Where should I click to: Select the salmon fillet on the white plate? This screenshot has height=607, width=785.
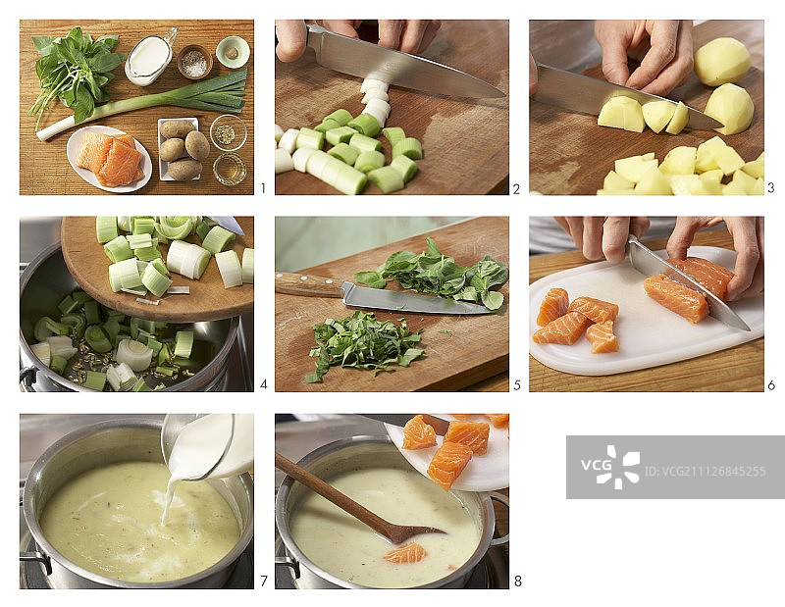[x=110, y=159]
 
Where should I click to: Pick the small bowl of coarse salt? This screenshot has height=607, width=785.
[x=194, y=62]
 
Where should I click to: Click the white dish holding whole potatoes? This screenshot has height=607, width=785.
[x=179, y=149]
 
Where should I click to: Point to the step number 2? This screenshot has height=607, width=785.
[x=517, y=188]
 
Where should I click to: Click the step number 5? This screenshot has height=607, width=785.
[x=517, y=385]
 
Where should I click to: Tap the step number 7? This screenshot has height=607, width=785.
[x=263, y=581]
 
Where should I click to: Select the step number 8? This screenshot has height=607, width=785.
[x=517, y=581]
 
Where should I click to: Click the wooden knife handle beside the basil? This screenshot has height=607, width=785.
[x=308, y=284]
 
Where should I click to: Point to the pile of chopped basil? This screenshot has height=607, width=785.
[x=364, y=343]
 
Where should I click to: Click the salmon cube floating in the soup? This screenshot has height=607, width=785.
[x=405, y=553]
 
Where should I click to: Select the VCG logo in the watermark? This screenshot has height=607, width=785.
[x=610, y=467]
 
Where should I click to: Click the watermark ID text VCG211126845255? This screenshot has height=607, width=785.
[x=705, y=472]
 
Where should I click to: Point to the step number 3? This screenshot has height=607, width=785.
[x=771, y=187]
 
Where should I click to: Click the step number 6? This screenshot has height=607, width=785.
[x=771, y=385]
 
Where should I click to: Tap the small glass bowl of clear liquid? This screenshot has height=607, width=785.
[x=230, y=169]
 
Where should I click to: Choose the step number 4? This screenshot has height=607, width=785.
[x=263, y=385]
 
